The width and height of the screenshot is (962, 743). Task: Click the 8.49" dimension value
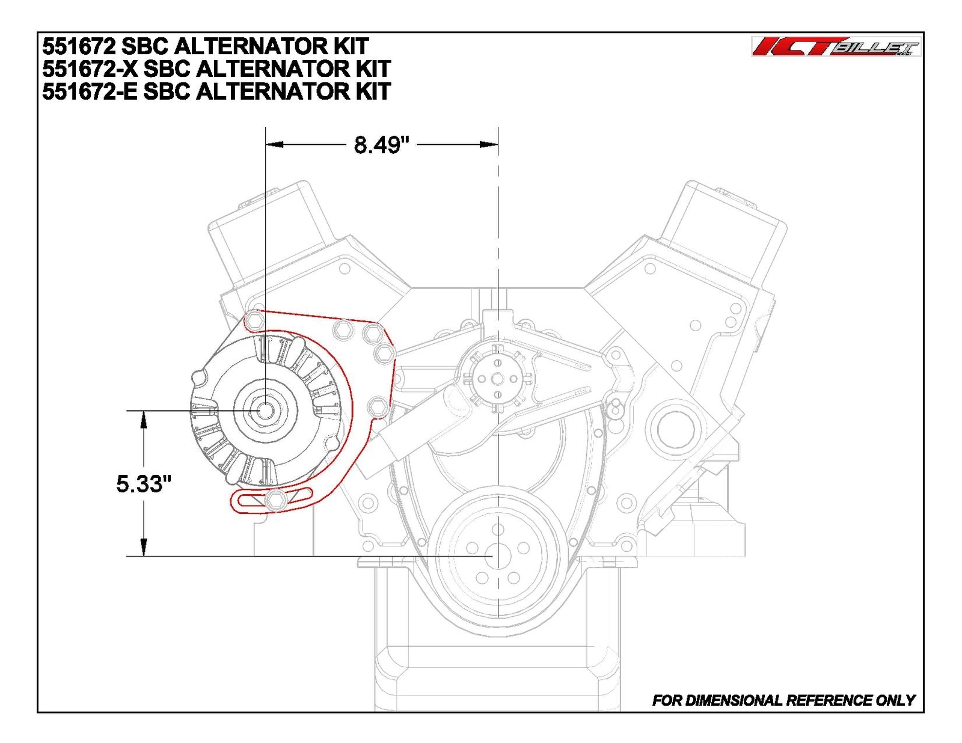tap(381, 145)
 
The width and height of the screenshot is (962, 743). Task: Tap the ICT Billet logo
tap(836, 47)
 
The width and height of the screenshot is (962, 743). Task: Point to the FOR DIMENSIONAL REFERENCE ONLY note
tap(783, 700)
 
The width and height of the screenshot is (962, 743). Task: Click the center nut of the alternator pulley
tap(265, 410)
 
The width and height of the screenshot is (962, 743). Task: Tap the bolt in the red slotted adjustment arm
tap(275, 500)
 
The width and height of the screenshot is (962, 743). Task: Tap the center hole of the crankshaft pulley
tap(497, 555)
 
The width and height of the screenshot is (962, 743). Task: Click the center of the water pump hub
tap(497, 379)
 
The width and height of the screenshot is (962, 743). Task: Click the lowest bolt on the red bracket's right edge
tap(377, 407)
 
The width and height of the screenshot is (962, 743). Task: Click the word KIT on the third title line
tap(373, 91)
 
